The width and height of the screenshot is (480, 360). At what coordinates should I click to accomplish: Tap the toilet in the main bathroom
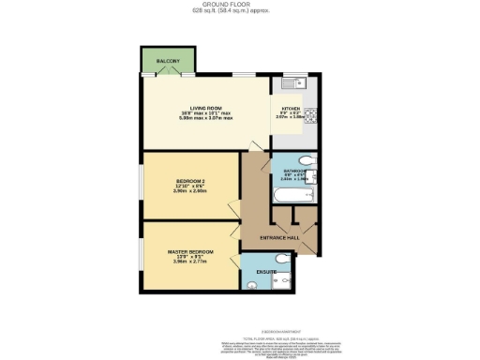click(308, 160)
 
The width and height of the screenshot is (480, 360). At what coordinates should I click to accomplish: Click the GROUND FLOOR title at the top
click(239, 4)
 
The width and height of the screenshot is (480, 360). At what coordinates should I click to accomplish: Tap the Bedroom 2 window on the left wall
click(142, 184)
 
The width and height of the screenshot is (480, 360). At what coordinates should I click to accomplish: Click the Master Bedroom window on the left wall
click(142, 255)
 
